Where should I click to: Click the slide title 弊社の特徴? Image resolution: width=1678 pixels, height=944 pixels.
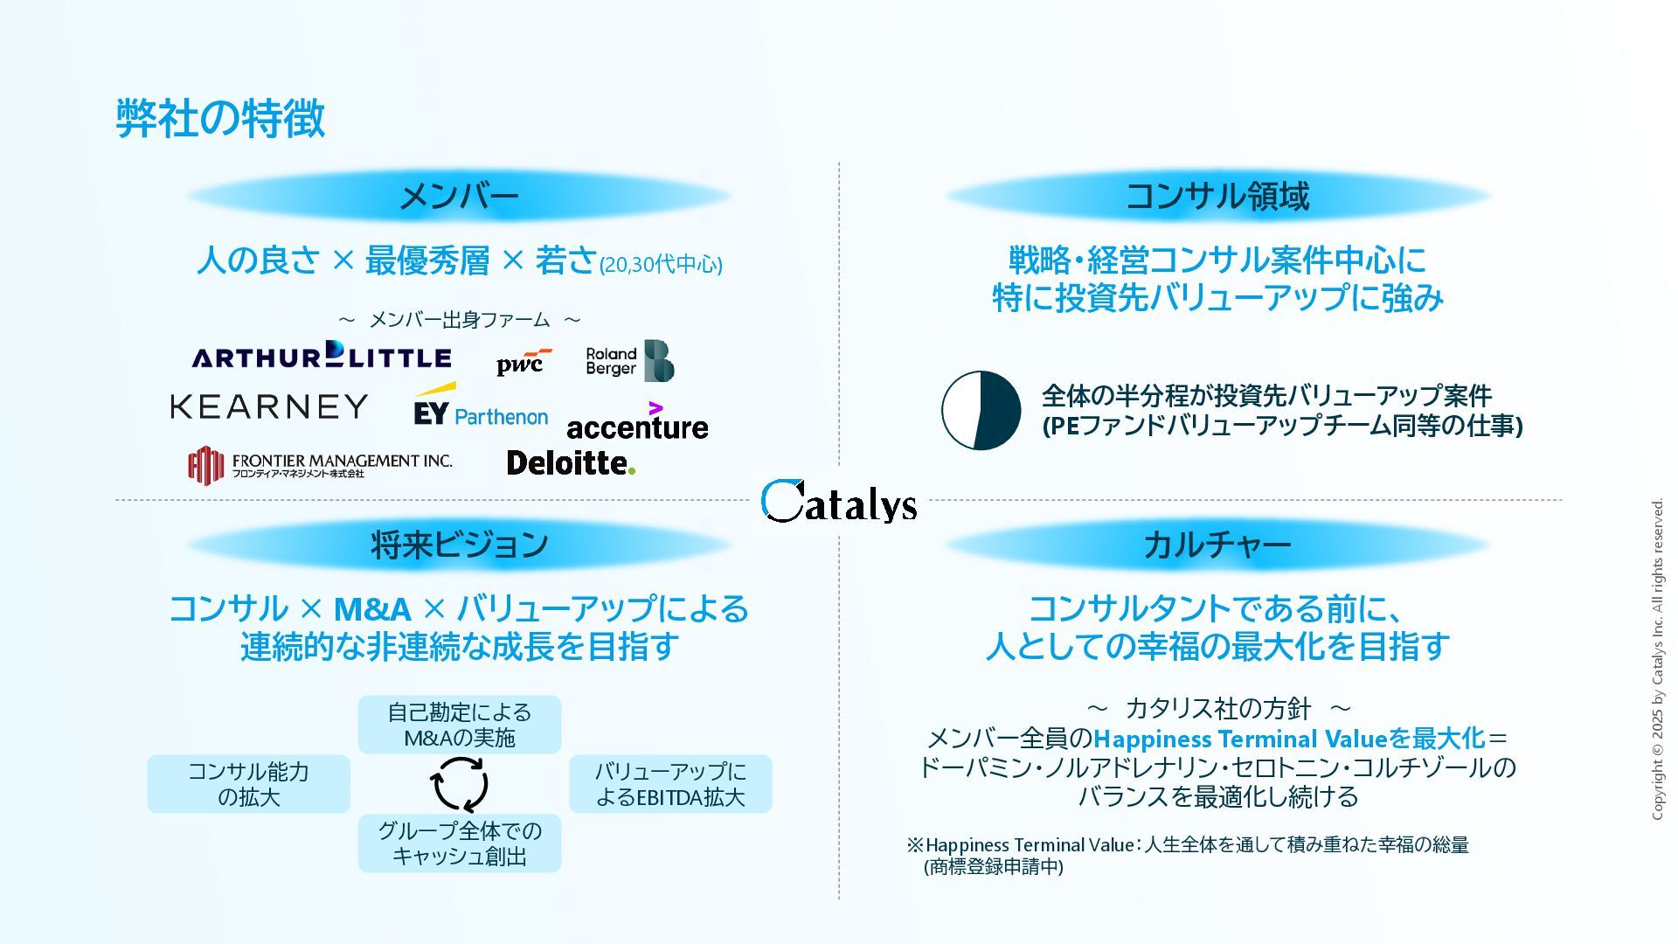[x=220, y=118]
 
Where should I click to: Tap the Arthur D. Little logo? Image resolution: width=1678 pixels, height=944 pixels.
[x=322, y=356]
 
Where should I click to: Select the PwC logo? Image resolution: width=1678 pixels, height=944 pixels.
[x=523, y=362]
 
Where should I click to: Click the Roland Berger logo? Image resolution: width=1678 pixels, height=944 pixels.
[x=629, y=361]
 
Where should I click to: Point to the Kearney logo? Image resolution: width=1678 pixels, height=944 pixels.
[x=269, y=406]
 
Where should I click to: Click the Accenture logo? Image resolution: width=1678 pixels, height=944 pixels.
[x=637, y=424]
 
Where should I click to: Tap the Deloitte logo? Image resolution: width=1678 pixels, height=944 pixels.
[x=571, y=462]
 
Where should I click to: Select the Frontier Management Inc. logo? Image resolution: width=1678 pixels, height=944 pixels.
[x=320, y=465]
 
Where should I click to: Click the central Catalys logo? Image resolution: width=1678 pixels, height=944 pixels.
[x=838, y=502]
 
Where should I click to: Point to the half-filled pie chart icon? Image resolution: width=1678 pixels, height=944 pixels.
[x=981, y=410]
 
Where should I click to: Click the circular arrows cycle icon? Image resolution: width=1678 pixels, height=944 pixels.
[x=460, y=784]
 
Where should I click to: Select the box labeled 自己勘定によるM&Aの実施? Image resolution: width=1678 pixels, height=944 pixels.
[x=460, y=725]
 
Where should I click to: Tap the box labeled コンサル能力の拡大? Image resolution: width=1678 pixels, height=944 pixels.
[x=249, y=784]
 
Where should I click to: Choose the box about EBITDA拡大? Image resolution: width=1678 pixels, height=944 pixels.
[x=670, y=784]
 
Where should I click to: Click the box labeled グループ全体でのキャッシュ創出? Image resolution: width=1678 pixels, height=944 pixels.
[x=460, y=843]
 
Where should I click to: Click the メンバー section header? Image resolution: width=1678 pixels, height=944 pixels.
[x=459, y=196]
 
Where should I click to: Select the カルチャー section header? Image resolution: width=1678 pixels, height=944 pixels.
[x=1217, y=545]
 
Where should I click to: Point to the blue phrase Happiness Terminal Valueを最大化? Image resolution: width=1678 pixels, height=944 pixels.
[x=1289, y=739]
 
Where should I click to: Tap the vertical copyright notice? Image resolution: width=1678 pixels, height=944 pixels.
[x=1657, y=659]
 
